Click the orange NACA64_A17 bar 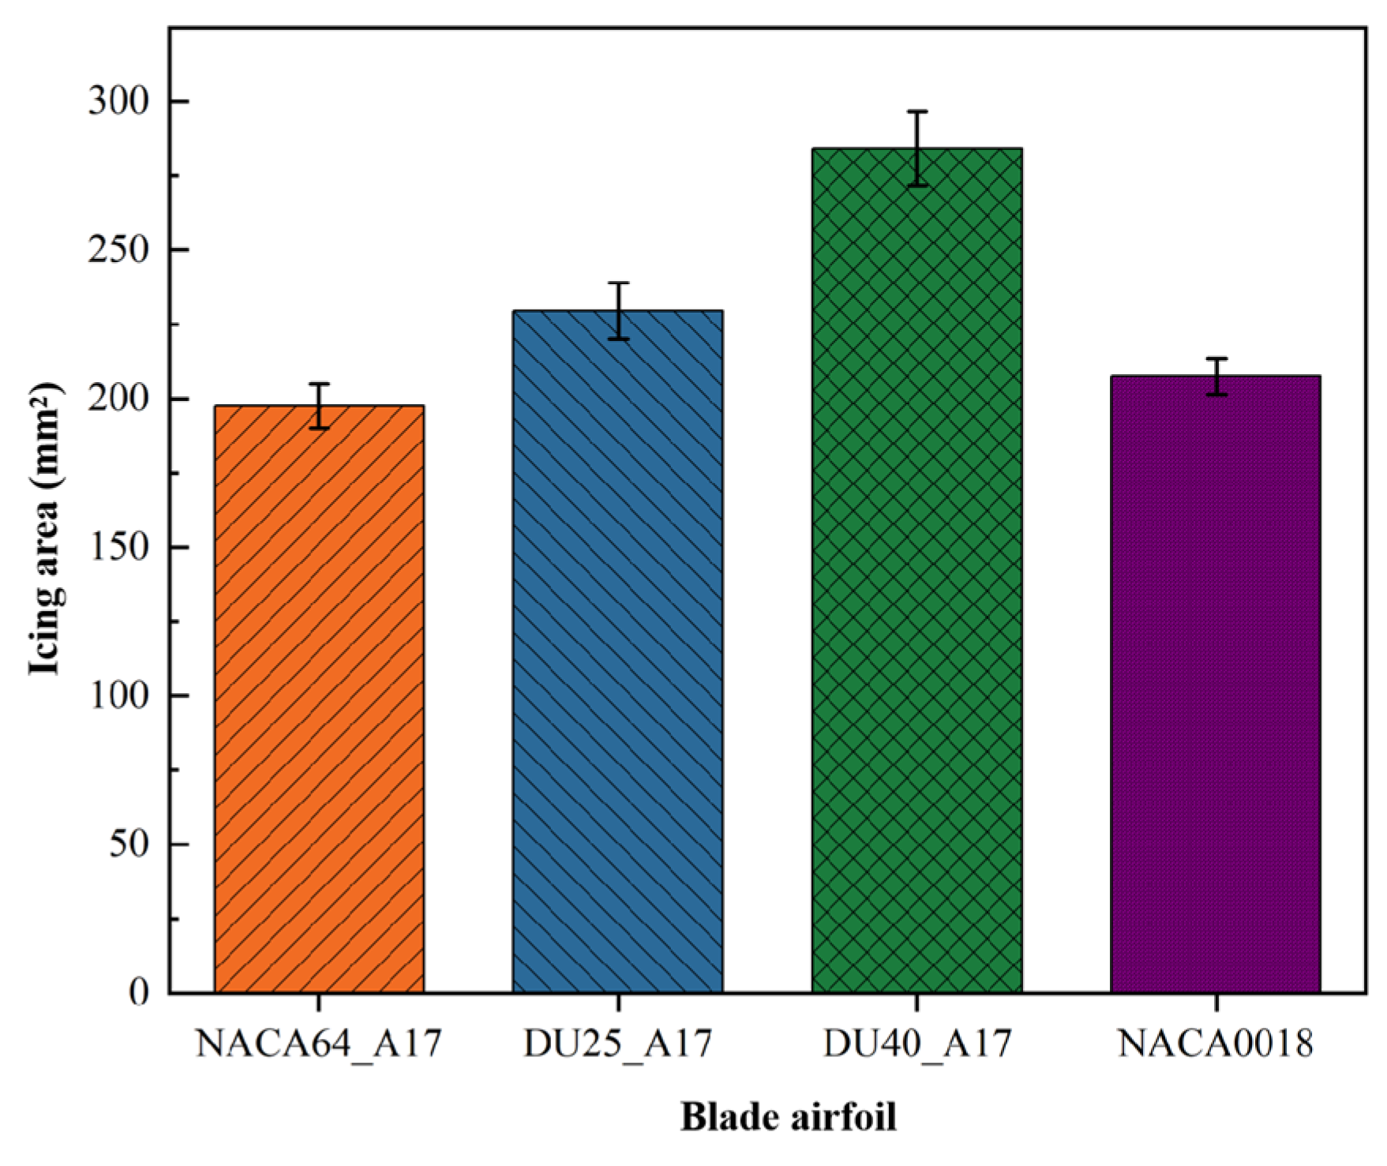tap(319, 699)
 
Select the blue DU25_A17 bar tap(617, 651)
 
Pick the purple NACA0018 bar tap(1215, 684)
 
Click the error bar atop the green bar tap(917, 148)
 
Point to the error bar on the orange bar tap(319, 406)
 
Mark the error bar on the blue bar tap(618, 310)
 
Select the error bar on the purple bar tap(1216, 376)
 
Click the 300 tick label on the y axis tap(118, 102)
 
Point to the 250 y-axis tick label tap(118, 250)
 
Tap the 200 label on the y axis tap(118, 399)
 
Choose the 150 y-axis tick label tap(118, 547)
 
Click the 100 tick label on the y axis tap(118, 695)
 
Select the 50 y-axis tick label tap(129, 844)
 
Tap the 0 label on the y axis tap(139, 992)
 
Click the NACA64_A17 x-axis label tap(318, 1044)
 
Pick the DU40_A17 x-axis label tap(917, 1044)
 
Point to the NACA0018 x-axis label tap(1216, 1044)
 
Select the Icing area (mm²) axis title tap(45, 529)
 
